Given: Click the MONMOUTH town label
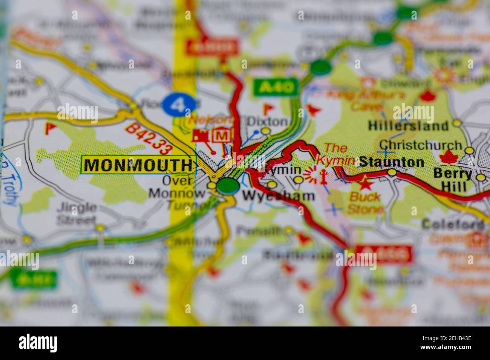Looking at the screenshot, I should coord(138,165).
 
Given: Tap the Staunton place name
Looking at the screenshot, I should coord(391,162).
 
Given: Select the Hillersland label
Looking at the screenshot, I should coord(408,125).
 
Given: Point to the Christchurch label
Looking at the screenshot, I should coord(420,145).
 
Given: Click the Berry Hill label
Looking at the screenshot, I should coord(452,180).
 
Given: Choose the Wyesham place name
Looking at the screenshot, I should coord(278,196).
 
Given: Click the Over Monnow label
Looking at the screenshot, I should coord(177,187).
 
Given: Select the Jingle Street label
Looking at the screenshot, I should coord(77,213).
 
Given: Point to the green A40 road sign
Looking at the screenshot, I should coord(276,87).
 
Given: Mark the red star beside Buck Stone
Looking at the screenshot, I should coord(365,185).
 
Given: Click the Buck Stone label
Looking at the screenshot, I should coord(365,202).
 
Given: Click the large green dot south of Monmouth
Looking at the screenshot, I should coord(228,185).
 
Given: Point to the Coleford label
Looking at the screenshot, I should coord(453,224).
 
